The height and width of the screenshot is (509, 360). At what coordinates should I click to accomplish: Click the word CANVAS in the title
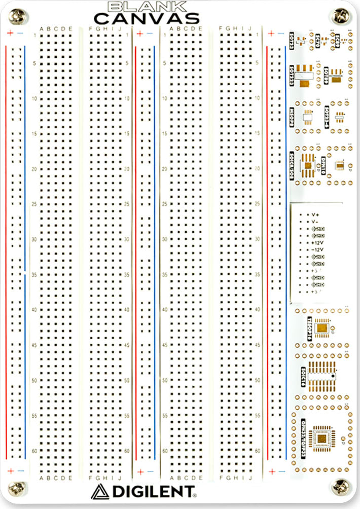[146, 19]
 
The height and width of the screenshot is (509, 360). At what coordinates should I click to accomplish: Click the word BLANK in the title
[146, 7]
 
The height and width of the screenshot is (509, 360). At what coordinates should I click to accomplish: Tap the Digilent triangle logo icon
[100, 491]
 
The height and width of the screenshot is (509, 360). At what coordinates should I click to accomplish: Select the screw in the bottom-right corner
[340, 487]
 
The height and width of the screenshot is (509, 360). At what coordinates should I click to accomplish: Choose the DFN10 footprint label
[323, 164]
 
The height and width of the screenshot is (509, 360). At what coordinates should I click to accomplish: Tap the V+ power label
[315, 215]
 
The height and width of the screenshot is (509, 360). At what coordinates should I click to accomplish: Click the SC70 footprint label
[318, 39]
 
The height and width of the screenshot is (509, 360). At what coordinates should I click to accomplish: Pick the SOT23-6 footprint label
[327, 116]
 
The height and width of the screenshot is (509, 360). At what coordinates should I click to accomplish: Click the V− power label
[315, 222]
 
